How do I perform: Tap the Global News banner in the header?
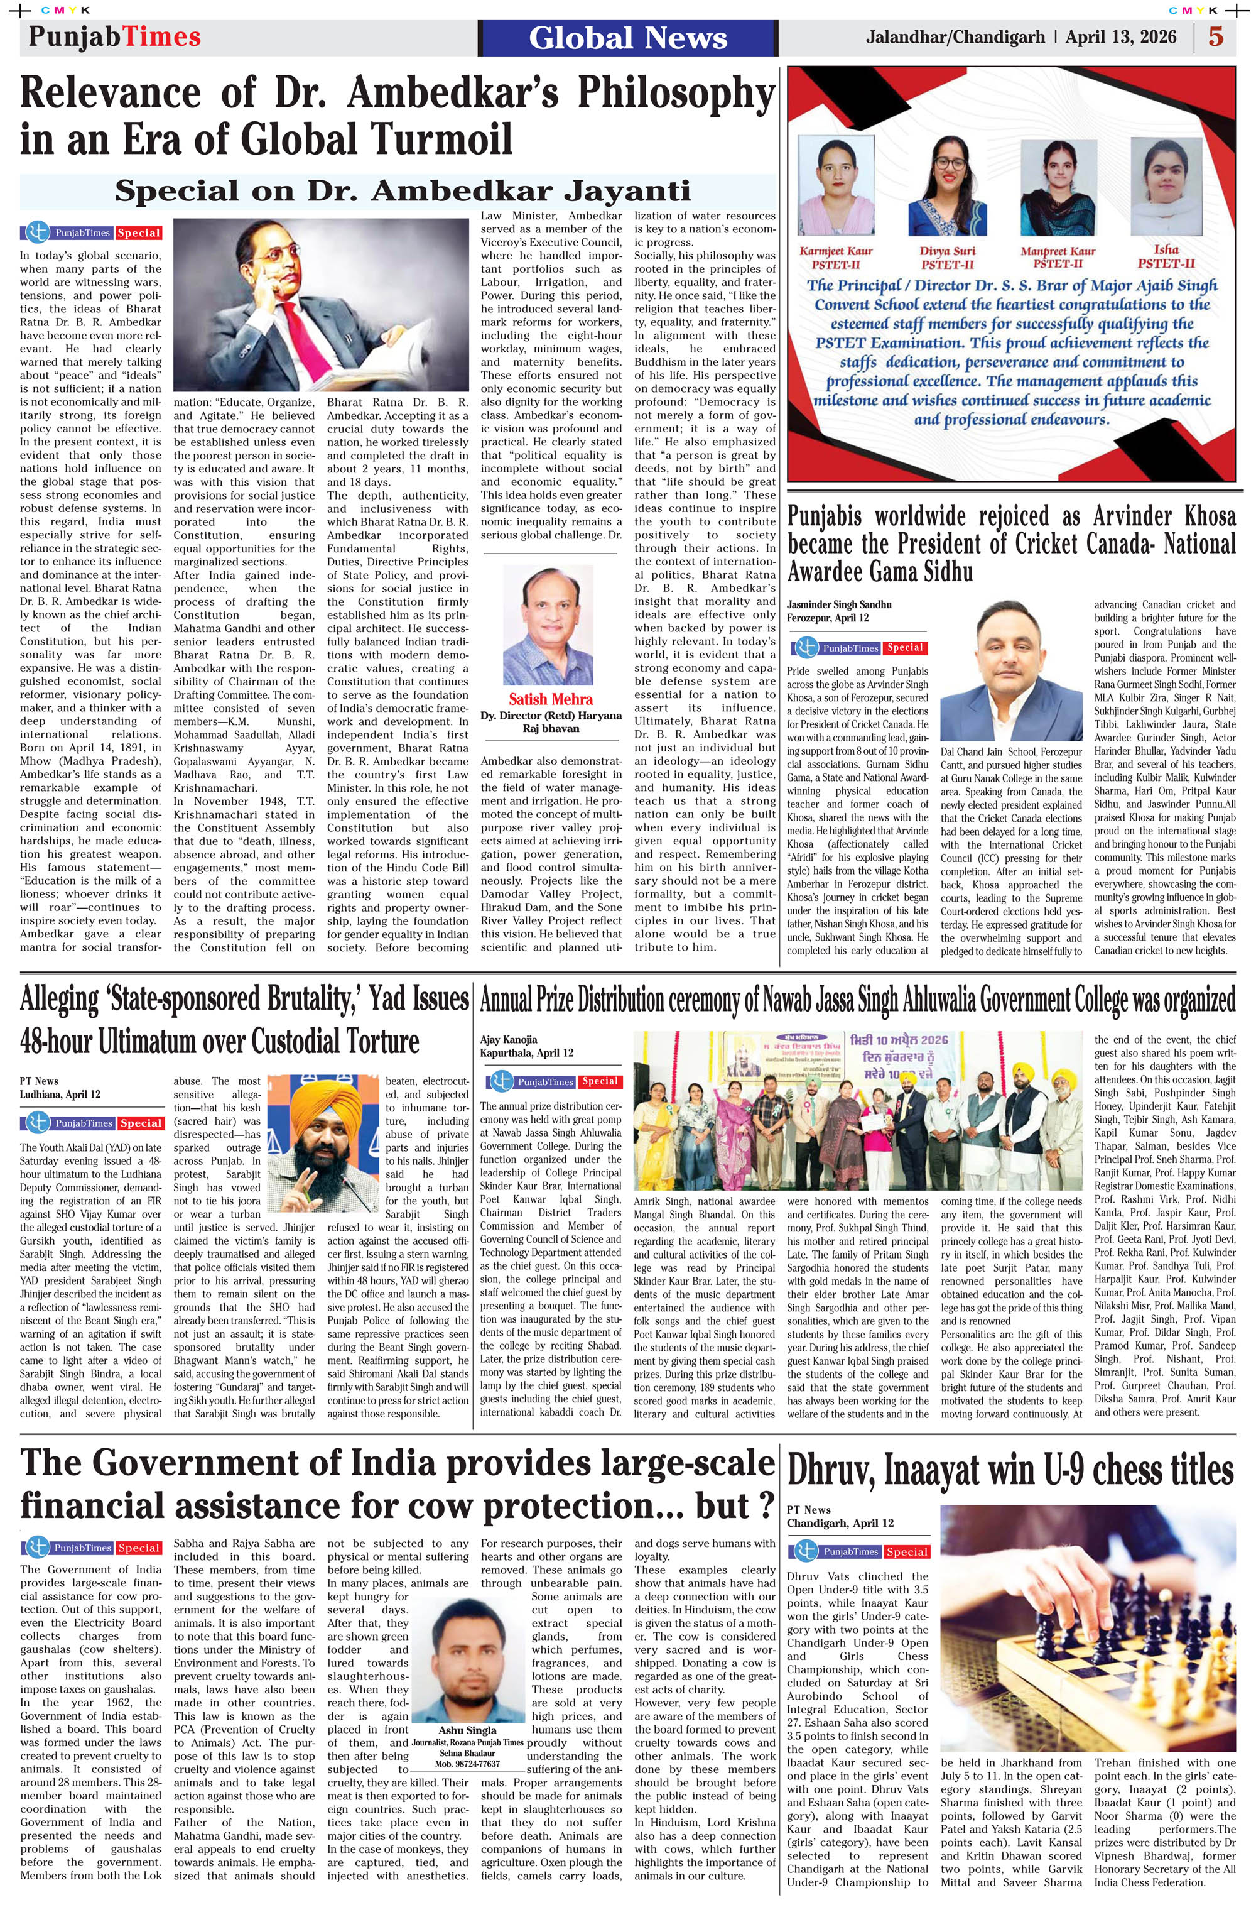coord(628,38)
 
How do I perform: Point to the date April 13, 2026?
coord(1120,37)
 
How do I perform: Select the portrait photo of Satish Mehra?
coord(548,625)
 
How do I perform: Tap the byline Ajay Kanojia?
coord(509,1039)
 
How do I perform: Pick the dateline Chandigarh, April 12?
coord(840,1523)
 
